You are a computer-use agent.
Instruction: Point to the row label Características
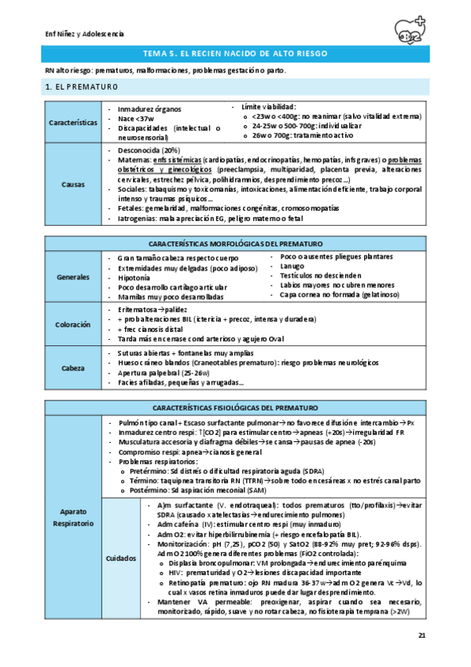pyautogui.click(x=73, y=122)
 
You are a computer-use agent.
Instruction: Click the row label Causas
pyautogui.click(x=73, y=184)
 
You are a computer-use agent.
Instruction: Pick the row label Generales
pyautogui.click(x=73, y=278)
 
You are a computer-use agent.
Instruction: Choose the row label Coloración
pyautogui.click(x=73, y=324)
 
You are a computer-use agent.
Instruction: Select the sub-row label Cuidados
pyautogui.click(x=121, y=558)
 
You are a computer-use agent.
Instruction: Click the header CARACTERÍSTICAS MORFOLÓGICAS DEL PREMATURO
pyautogui.click(x=237, y=243)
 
